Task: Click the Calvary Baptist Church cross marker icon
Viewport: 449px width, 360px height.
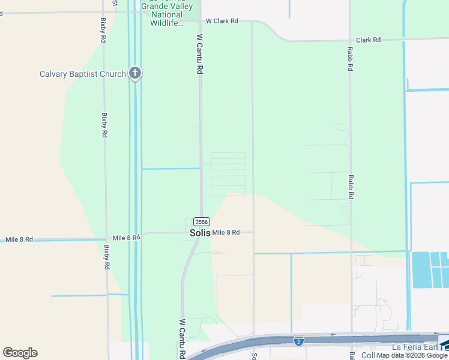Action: tap(135, 74)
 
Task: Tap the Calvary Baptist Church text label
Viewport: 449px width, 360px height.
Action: tap(83, 74)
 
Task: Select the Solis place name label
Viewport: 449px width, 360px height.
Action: tap(200, 233)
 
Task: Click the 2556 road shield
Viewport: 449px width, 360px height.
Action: tap(202, 221)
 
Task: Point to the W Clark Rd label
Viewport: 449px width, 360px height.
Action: tap(221, 21)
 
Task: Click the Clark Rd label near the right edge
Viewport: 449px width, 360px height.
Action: tap(368, 40)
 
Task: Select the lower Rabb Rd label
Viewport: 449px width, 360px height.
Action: tap(351, 187)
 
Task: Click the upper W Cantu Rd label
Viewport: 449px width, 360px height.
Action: tap(199, 54)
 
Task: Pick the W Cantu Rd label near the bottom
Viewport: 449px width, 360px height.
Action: tap(181, 339)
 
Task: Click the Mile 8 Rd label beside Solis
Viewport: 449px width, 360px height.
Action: tap(226, 232)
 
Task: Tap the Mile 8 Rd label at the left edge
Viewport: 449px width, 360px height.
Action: tap(19, 239)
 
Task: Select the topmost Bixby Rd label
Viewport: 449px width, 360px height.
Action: tap(104, 30)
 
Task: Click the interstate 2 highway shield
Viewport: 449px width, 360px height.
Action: tap(298, 341)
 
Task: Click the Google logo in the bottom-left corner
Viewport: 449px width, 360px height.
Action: tap(20, 353)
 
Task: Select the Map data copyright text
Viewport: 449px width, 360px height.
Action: tap(412, 356)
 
